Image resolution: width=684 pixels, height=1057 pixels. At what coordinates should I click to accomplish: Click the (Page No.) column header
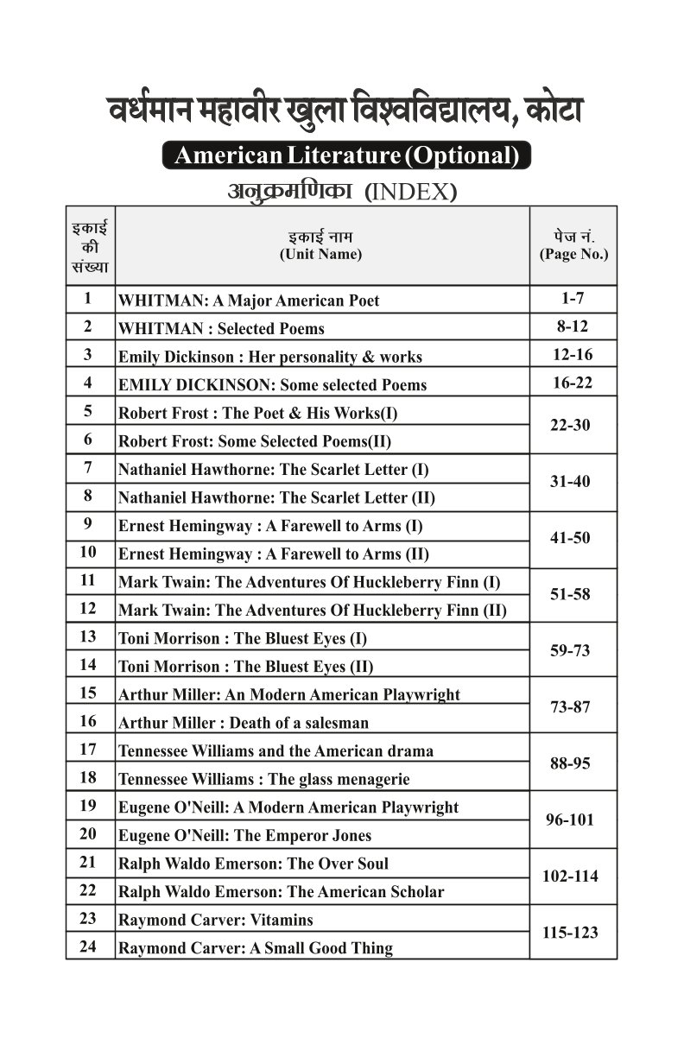coord(573,254)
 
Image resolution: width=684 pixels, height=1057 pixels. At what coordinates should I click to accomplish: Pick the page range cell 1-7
coord(573,299)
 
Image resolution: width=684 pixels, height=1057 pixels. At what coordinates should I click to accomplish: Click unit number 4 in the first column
coord(88,383)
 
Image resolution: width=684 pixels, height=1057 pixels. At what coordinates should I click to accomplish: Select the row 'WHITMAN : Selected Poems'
coord(221,329)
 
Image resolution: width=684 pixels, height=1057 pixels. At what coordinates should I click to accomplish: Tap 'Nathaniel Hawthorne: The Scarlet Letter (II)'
coord(276,497)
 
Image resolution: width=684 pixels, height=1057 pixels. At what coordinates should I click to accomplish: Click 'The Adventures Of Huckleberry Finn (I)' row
coord(309,582)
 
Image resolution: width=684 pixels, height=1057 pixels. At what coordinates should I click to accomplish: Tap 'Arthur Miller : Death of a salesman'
coord(243,723)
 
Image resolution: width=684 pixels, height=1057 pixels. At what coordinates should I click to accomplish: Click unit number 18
coord(88,777)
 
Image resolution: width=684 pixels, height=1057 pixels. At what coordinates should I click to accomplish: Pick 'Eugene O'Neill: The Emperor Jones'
coord(244,835)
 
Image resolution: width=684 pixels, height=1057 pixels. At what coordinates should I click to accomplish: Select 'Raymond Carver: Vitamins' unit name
coord(215,920)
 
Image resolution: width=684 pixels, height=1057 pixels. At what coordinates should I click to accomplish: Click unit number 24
coord(88,946)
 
